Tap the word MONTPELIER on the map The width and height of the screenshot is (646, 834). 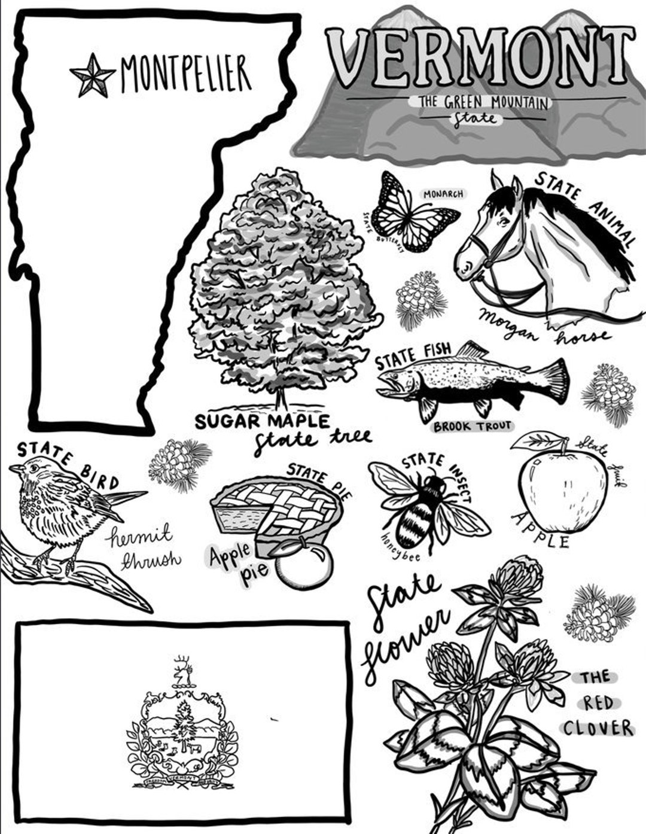[x=185, y=74]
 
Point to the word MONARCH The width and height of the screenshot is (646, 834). [x=443, y=194]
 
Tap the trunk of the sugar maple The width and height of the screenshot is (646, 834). [x=279, y=398]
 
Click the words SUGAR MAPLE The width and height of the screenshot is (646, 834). [x=262, y=421]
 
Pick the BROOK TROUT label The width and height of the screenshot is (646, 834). [x=473, y=426]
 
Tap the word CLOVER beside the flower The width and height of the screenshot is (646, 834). [x=598, y=728]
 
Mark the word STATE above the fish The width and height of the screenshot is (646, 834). [x=395, y=361]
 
